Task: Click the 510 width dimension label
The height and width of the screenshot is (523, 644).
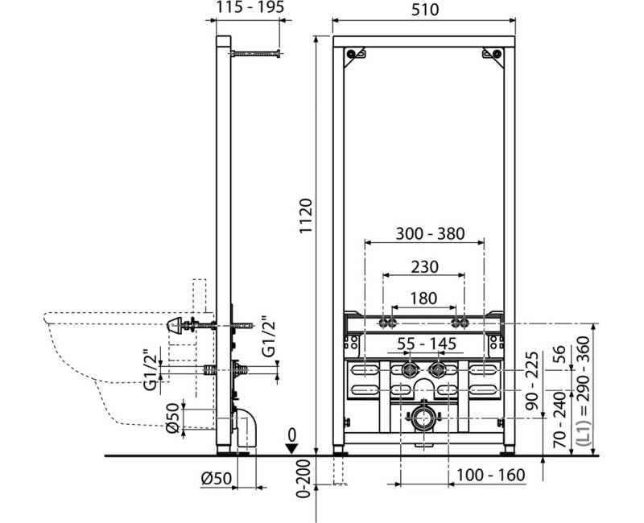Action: [x=425, y=10]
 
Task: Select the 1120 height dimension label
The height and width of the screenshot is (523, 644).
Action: [x=306, y=216]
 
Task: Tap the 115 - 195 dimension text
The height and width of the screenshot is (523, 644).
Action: [x=250, y=7]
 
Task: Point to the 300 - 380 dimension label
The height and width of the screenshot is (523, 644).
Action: [x=430, y=233]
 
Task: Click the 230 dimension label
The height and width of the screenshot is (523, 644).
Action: [x=425, y=267]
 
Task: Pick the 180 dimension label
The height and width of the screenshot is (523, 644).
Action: [x=423, y=299]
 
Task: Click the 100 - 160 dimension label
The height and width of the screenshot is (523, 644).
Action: [x=491, y=475]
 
